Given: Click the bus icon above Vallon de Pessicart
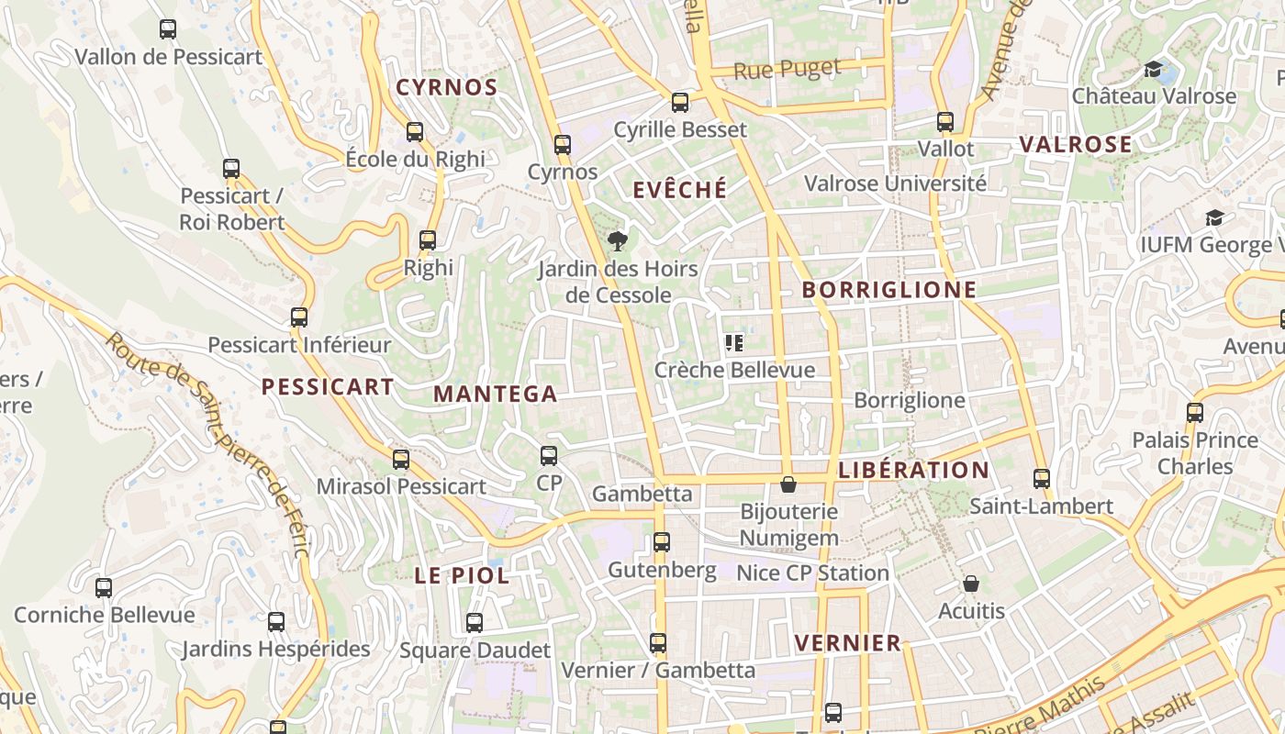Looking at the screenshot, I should click(x=168, y=29).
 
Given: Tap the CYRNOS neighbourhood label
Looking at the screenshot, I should click(x=446, y=88).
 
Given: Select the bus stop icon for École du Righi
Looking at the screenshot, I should click(x=415, y=132).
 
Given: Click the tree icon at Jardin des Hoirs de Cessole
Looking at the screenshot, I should click(x=618, y=241).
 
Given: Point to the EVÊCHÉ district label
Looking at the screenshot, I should click(x=680, y=190).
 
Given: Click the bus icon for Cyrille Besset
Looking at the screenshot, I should click(x=680, y=103).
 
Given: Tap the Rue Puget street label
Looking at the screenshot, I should click(x=788, y=69).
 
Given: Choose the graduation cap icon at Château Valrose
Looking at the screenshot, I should click(x=1154, y=70).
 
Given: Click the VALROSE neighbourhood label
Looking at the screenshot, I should click(x=1076, y=145).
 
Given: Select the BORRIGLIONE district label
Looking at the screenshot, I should click(x=889, y=291).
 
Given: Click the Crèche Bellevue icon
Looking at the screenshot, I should click(x=734, y=343).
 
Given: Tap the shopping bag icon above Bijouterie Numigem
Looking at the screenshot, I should click(x=788, y=484).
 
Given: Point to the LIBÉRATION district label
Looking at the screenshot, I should click(x=914, y=471).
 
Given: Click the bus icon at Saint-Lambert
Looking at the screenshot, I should click(x=1041, y=479).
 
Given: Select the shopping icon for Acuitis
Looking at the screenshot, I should click(x=971, y=584).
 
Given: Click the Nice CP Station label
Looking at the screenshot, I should click(x=813, y=573).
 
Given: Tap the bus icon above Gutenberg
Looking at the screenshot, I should click(x=662, y=542).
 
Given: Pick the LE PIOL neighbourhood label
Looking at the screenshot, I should click(x=462, y=576).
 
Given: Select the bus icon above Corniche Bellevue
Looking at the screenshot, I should click(x=104, y=588).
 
